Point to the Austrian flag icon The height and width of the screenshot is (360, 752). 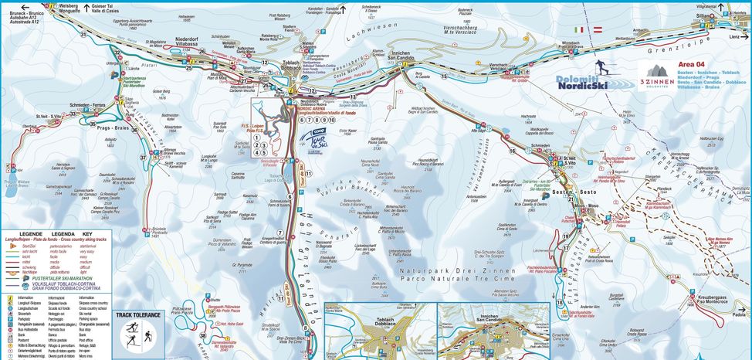click(x=597, y=30)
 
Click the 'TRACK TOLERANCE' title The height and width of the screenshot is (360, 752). click(x=138, y=315)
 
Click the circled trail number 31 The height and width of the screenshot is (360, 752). click(x=83, y=35)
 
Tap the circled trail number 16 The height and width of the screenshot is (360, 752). click(x=512, y=151)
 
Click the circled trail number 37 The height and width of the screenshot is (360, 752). click(x=143, y=158)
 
